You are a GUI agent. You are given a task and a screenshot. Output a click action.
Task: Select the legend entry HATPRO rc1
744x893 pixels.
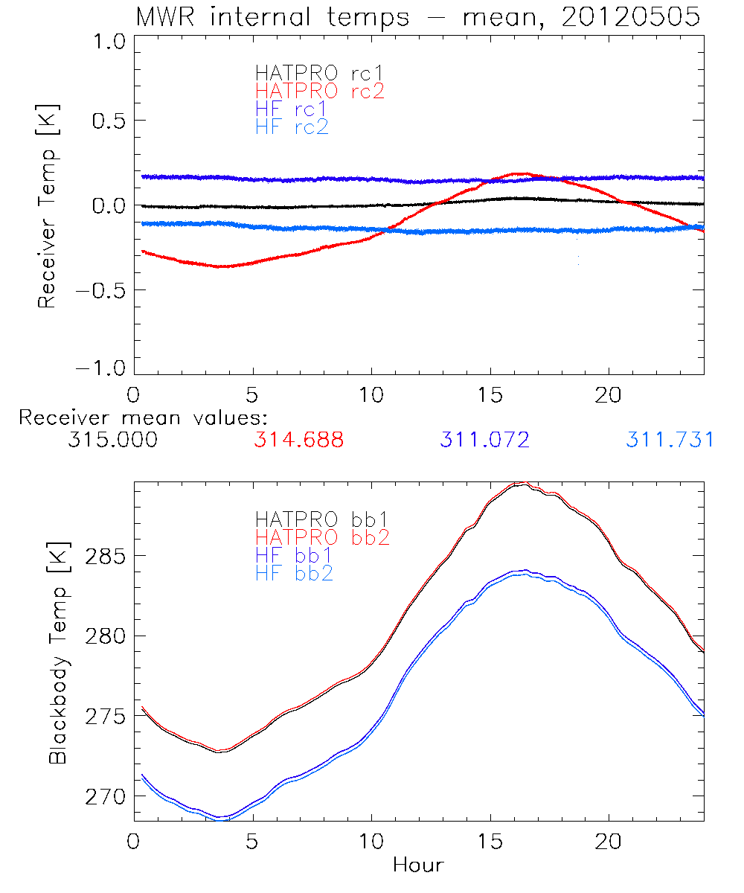[320, 73]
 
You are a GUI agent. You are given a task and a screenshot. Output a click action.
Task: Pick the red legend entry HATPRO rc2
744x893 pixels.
[320, 91]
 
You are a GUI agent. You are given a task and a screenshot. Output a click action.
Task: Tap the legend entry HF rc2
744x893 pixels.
[292, 127]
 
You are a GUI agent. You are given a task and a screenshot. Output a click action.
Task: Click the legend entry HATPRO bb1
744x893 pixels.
[322, 518]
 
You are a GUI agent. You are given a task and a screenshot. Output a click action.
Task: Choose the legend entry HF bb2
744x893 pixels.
[294, 572]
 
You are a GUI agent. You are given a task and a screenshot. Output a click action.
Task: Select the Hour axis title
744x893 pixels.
[418, 865]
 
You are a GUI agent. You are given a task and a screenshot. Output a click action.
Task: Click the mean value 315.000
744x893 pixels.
[112, 440]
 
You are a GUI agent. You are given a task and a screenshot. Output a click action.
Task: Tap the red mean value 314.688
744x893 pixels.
[298, 440]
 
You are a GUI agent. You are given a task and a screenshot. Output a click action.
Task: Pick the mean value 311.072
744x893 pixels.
[484, 440]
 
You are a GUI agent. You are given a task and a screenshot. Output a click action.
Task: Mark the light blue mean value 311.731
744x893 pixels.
[670, 440]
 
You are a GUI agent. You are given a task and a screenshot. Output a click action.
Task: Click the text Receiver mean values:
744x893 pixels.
[143, 417]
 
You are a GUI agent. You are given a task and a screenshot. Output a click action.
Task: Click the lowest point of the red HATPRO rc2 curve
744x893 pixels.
[222, 266]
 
